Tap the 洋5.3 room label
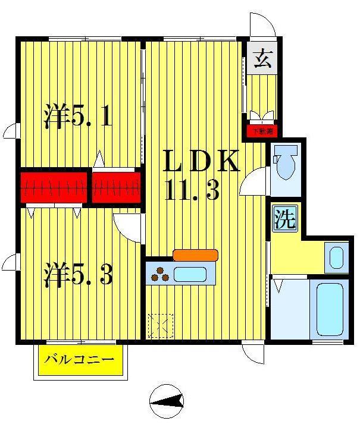pyautogui.click(x=77, y=275)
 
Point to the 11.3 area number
pyautogui.click(x=193, y=191)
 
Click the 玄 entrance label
pyautogui.click(x=262, y=59)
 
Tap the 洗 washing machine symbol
pyautogui.click(x=284, y=219)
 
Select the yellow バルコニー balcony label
pyautogui.click(x=80, y=361)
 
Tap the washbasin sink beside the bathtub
pyautogui.click(x=336, y=257)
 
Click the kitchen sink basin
pyautogui.click(x=190, y=275)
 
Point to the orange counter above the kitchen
pyautogui.click(x=195, y=255)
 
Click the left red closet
pyautogui.click(x=54, y=187)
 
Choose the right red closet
pyautogui.click(x=117, y=187)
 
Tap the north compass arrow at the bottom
pyautogui.click(x=167, y=404)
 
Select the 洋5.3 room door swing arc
pyautogui.click(x=126, y=226)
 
